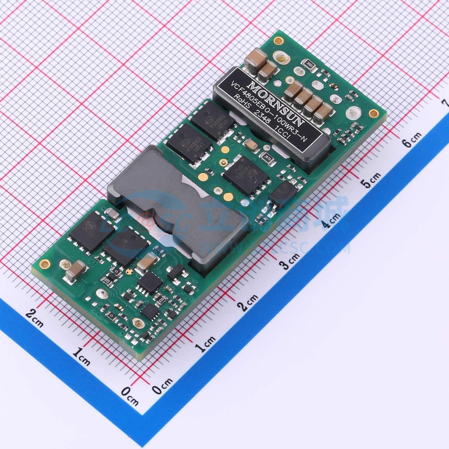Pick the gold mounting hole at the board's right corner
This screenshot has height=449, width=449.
(x=372, y=113)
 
